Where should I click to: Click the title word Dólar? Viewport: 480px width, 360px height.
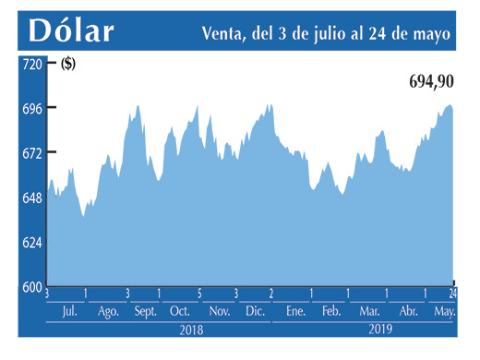click(x=72, y=30)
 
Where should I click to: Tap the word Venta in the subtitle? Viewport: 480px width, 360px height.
click(x=224, y=33)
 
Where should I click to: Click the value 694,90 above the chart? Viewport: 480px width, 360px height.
click(x=431, y=82)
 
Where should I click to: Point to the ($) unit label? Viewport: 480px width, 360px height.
click(x=68, y=64)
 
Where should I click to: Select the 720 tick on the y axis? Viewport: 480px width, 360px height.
click(x=31, y=64)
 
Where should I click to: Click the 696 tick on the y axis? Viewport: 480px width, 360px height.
click(x=31, y=108)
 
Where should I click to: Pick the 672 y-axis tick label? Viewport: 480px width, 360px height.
click(x=31, y=152)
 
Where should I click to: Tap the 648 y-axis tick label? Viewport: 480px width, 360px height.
click(x=31, y=198)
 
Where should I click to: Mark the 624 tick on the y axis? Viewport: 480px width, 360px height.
click(x=31, y=242)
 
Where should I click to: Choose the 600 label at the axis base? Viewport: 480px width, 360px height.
click(x=31, y=286)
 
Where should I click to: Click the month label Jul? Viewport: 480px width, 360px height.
click(x=68, y=312)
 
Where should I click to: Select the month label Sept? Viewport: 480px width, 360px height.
click(x=145, y=312)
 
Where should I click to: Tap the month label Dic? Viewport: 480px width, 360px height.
click(x=255, y=312)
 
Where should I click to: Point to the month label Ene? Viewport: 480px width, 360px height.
click(x=295, y=312)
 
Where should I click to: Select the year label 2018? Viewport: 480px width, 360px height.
click(x=191, y=329)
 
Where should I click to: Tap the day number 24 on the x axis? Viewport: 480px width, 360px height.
click(x=453, y=294)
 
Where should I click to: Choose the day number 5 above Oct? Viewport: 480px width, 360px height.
click(x=199, y=294)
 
